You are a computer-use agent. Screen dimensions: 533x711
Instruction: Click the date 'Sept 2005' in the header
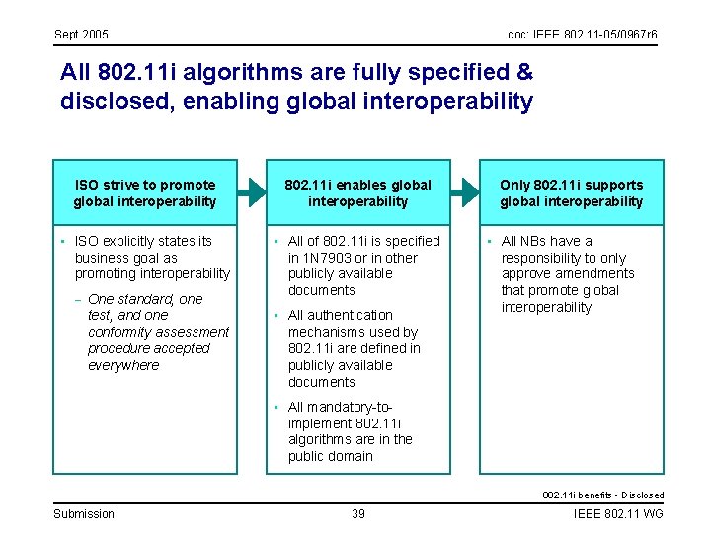81,35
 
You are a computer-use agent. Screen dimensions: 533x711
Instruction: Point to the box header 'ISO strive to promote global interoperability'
145,192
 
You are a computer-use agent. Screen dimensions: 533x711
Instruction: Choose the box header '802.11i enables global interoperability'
357,192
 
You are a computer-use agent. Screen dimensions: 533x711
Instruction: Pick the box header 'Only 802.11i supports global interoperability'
571,192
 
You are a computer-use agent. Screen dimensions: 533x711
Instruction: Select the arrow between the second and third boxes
465,192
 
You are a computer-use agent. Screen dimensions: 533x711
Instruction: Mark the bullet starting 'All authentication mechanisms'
354,348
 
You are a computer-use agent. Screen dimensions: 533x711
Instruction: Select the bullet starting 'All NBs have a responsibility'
567,273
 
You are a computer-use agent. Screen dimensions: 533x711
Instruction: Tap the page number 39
359,514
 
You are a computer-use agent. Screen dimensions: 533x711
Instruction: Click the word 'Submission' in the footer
84,514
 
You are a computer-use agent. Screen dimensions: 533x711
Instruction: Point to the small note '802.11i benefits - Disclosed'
602,495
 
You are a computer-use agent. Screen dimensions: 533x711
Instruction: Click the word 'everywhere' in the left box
123,365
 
